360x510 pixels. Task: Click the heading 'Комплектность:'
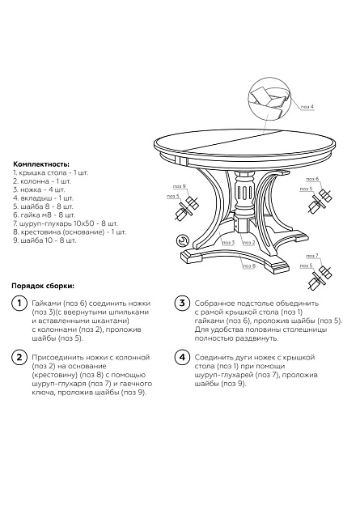coord(41,164)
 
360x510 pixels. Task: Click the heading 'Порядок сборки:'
coord(43,286)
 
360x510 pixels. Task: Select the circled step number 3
coord(182,304)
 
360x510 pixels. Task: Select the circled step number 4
coord(182,357)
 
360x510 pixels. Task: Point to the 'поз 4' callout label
coord(307,106)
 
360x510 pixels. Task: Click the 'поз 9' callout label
coord(179,187)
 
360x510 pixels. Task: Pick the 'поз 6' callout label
coord(312,178)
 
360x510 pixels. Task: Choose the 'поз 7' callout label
coord(312,256)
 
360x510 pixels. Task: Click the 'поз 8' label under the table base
coord(248,265)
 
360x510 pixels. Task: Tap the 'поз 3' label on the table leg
coord(227,242)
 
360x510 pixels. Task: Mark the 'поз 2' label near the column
coord(248,242)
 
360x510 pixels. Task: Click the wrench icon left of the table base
coord(184,240)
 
